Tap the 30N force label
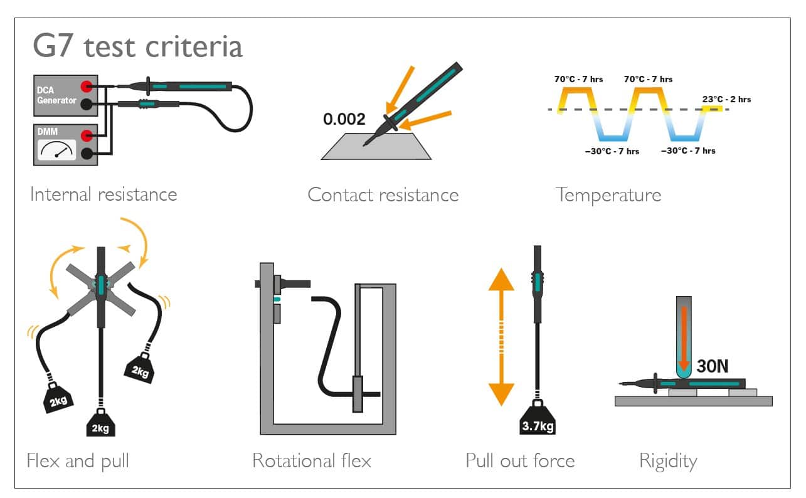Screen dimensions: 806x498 click(x=713, y=366)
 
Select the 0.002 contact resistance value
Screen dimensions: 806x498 click(x=344, y=119)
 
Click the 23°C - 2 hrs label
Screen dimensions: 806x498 click(x=726, y=99)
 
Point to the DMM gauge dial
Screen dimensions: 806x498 click(x=57, y=150)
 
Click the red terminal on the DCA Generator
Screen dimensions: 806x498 click(x=87, y=87)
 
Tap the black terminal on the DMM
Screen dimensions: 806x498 click(x=87, y=154)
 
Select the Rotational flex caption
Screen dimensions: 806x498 click(x=312, y=460)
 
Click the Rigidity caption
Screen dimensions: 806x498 click(x=668, y=462)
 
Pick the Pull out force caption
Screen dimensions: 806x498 click(x=521, y=460)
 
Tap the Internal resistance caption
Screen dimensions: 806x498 click(x=103, y=194)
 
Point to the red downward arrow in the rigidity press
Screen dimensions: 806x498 click(x=684, y=338)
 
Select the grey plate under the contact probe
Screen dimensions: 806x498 click(x=376, y=146)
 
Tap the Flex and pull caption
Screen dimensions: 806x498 click(x=78, y=461)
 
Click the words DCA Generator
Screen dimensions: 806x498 click(x=56, y=95)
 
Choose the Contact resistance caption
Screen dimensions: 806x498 click(x=383, y=194)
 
